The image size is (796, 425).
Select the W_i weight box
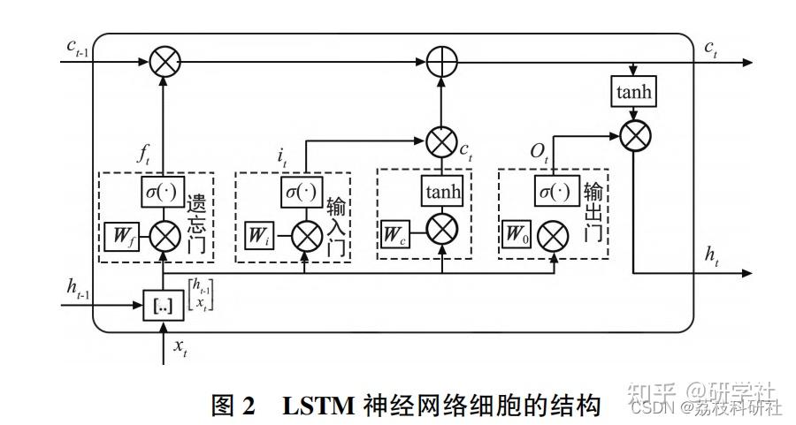point(257,236)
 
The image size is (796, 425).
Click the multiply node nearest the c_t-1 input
point(165,63)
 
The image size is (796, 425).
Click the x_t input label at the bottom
point(180,349)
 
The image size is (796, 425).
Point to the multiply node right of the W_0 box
point(554,236)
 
